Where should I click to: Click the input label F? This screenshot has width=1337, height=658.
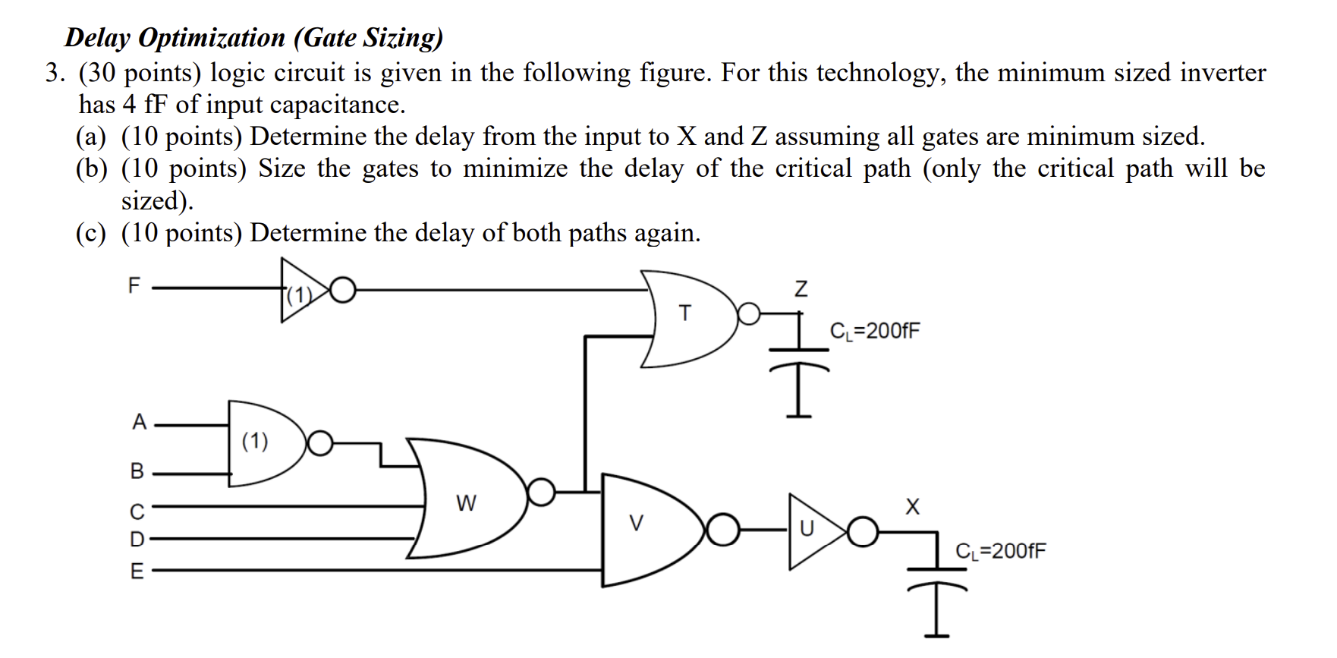(x=134, y=285)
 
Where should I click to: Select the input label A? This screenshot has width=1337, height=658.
(x=139, y=422)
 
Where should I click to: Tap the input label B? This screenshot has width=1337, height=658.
(x=137, y=471)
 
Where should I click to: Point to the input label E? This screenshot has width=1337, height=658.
(x=137, y=571)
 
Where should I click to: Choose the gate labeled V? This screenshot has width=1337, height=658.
(x=637, y=524)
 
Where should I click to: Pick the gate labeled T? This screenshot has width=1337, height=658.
(x=685, y=313)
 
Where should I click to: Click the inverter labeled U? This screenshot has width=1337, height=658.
(x=809, y=529)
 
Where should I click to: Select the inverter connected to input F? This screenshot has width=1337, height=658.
(x=304, y=291)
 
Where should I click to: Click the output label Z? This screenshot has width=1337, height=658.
(x=800, y=289)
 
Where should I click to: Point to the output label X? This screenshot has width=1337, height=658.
(x=912, y=505)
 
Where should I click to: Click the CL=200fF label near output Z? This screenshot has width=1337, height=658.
(x=875, y=331)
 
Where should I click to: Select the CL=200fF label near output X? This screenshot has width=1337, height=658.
(x=1001, y=550)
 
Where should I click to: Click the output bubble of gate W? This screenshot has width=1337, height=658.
(x=542, y=492)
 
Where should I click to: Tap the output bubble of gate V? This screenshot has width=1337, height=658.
(x=724, y=530)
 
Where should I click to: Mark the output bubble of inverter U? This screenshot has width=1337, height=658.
(x=863, y=532)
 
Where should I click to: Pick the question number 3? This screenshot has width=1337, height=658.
(x=52, y=74)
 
